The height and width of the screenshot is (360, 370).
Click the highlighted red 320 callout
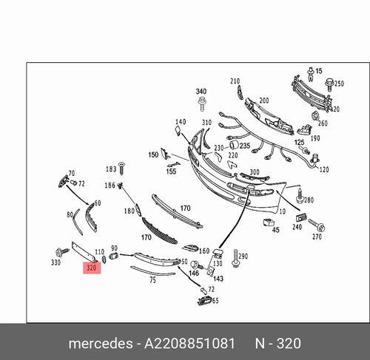92,268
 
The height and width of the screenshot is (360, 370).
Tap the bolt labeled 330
61,252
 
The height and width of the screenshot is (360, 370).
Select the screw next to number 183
121,169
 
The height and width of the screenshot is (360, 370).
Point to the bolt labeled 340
202,103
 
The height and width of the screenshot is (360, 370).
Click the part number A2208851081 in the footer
189,343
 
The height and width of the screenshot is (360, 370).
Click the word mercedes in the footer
101,344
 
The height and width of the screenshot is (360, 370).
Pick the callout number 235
245,146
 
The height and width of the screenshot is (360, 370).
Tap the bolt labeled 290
236,258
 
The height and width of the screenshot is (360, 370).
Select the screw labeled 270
317,224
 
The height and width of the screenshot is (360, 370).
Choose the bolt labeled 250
329,84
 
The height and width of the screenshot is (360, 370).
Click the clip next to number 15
311,74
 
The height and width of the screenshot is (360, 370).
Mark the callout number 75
152,280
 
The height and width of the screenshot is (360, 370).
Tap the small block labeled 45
268,222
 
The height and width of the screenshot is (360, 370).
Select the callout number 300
255,171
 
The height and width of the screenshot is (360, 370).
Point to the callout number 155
171,171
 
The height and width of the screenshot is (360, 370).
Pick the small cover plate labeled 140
178,130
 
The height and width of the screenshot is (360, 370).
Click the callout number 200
264,101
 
